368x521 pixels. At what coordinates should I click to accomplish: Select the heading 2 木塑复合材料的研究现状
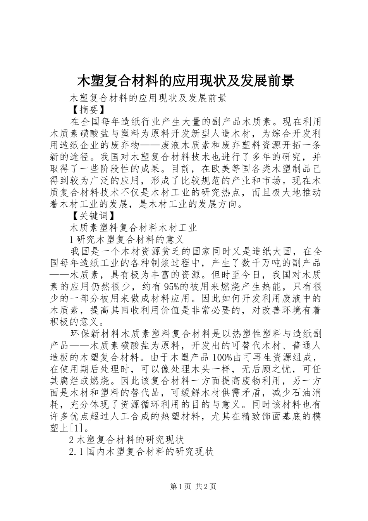pos(126,440)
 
